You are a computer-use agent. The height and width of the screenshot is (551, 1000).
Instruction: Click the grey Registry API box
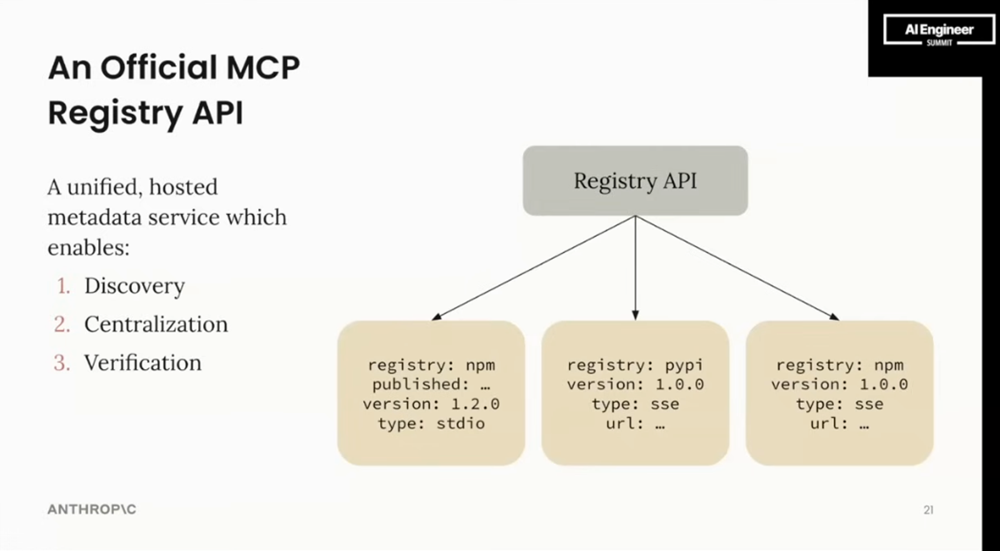click(635, 181)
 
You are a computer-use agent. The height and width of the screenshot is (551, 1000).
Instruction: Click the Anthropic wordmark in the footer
click(92, 510)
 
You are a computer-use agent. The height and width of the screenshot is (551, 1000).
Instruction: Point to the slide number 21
click(929, 510)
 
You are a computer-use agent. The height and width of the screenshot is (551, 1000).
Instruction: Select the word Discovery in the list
click(134, 286)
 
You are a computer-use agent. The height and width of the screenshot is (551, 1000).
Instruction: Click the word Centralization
click(156, 325)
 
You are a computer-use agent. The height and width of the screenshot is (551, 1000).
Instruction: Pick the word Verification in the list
click(143, 363)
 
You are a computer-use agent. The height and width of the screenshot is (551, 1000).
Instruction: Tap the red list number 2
click(62, 325)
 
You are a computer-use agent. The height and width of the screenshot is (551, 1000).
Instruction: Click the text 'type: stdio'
click(431, 423)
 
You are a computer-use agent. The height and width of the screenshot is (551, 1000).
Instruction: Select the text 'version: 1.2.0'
click(431, 404)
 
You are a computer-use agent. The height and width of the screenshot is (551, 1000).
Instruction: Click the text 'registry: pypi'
click(635, 365)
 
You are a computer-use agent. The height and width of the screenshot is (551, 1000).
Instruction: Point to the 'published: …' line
click(431, 385)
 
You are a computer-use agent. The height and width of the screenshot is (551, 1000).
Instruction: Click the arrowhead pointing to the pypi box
click(635, 315)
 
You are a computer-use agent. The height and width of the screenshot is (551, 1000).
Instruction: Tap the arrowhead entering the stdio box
click(437, 317)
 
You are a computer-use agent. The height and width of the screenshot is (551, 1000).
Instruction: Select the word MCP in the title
click(263, 68)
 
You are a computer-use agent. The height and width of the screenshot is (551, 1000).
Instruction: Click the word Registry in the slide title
click(116, 113)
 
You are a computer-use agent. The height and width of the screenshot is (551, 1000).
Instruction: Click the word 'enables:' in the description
click(88, 248)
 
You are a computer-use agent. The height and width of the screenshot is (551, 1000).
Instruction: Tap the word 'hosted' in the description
click(184, 187)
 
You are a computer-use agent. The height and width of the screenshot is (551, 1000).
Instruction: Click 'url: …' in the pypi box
click(635, 423)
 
